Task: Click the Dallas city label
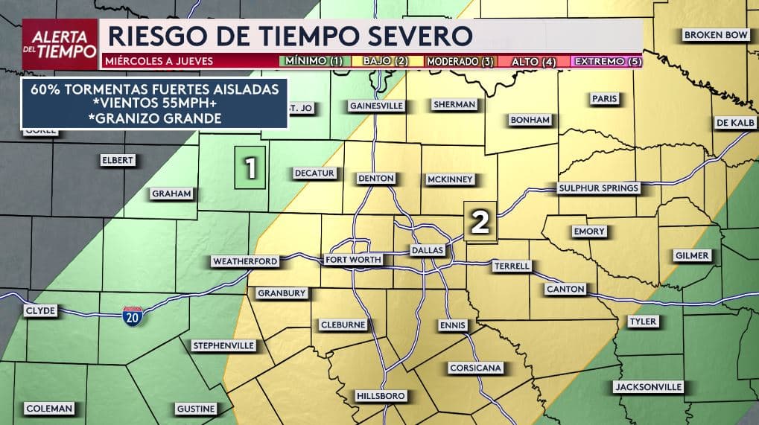pos(428,250)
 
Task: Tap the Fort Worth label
pos(354,260)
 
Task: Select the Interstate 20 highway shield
pos(133,314)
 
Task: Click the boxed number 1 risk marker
pos(251,167)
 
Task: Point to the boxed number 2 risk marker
pos(480,222)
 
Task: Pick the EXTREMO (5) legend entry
pos(607,61)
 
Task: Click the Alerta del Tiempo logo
pos(60,39)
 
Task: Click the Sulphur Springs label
pos(599,188)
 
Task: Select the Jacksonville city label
pos(648,387)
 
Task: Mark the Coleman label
pos(49,409)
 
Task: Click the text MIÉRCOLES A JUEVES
pos(159,61)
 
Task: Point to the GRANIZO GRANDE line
pos(155,118)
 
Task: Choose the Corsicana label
pos(476,368)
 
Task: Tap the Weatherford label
pos(245,261)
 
